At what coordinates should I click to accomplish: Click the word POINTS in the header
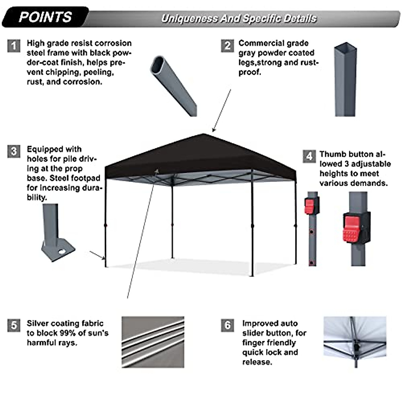[x=45, y=17]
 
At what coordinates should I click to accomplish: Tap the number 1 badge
[x=13, y=46]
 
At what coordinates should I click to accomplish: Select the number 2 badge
[x=227, y=46]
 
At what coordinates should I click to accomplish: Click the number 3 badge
[x=13, y=151]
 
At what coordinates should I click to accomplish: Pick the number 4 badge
[x=309, y=156]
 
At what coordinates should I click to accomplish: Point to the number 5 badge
[x=13, y=325]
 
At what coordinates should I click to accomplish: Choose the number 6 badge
[x=227, y=325]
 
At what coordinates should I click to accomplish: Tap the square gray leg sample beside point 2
[x=345, y=80]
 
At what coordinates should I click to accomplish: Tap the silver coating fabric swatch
[x=153, y=342]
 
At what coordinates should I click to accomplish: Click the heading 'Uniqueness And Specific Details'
[x=239, y=18]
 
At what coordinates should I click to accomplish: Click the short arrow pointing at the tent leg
[x=97, y=255]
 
